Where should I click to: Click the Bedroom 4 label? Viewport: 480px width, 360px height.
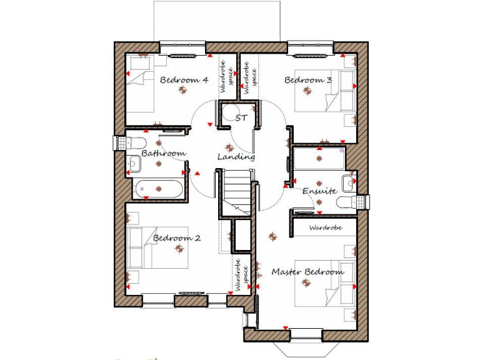(x=184, y=80)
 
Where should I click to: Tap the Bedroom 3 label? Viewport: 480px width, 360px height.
(x=308, y=80)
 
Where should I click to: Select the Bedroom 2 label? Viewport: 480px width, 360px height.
(x=177, y=238)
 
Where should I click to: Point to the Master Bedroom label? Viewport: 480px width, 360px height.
(x=307, y=272)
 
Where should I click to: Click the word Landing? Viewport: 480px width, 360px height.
(x=236, y=156)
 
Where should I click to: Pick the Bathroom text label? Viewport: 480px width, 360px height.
(x=163, y=153)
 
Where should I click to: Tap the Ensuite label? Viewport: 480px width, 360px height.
(x=320, y=191)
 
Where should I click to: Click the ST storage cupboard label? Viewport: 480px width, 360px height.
(x=241, y=117)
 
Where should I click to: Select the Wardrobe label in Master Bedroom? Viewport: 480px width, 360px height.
(x=326, y=228)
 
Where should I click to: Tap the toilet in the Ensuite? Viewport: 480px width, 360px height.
(x=346, y=202)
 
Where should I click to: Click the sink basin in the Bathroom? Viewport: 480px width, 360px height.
(x=134, y=164)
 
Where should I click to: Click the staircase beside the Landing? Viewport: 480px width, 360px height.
(x=237, y=191)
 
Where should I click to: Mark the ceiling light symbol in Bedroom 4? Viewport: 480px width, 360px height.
(x=182, y=91)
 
